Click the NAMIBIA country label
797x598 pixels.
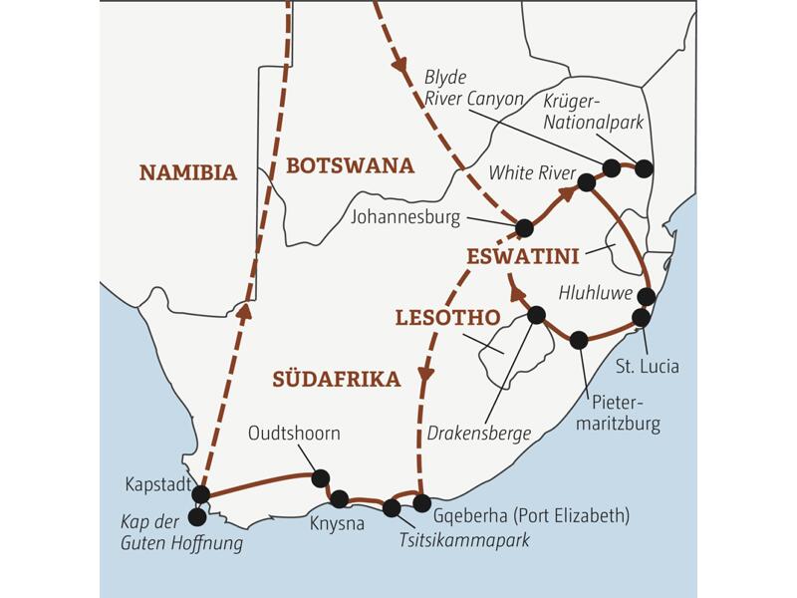(188, 172)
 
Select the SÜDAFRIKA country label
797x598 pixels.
(336, 379)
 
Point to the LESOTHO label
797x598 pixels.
(447, 318)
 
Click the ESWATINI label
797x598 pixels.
(522, 257)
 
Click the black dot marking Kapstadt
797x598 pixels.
(200, 494)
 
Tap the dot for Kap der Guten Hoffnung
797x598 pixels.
(197, 517)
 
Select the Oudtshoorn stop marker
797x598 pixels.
(321, 478)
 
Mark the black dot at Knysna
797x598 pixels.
(339, 498)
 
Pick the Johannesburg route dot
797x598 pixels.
(524, 228)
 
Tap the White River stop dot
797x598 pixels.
(587, 181)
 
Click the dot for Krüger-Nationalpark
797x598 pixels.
(644, 168)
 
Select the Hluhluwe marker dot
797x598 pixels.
(647, 296)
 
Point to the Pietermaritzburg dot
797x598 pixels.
(579, 340)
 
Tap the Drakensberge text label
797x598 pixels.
(478, 433)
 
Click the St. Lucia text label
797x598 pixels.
(648, 366)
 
